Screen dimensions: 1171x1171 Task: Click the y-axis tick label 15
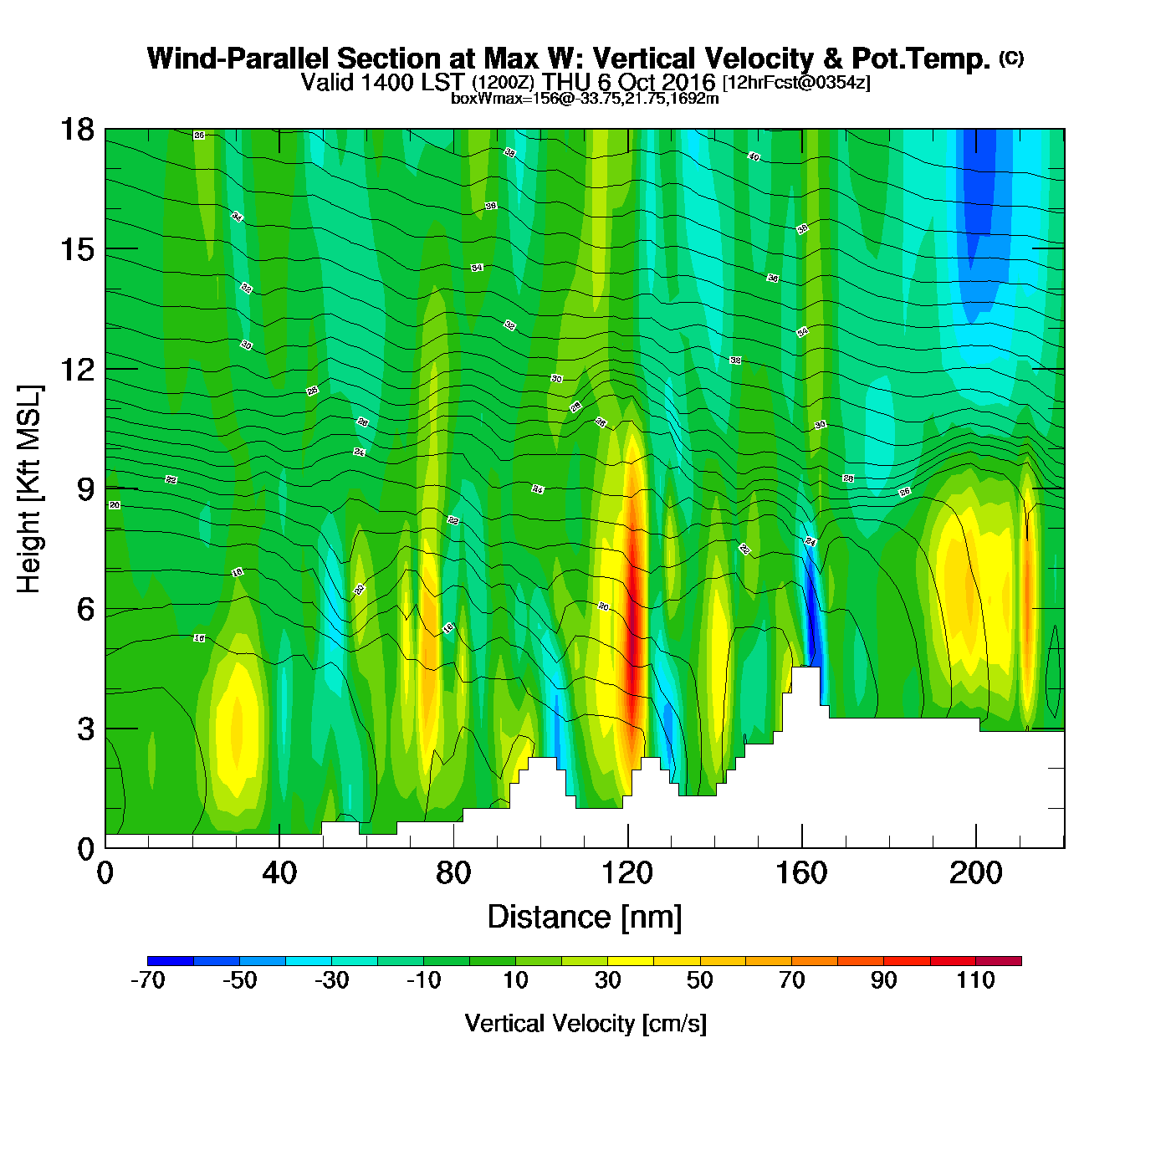coord(76,249)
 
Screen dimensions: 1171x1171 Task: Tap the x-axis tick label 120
coord(627,873)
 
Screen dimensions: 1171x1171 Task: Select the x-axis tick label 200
coord(975,873)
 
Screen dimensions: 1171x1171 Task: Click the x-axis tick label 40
coord(279,873)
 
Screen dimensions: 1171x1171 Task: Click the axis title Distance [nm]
coord(585,917)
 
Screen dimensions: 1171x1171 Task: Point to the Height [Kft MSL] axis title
coord(29,489)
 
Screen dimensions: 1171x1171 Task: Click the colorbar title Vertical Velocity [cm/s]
coord(585,1023)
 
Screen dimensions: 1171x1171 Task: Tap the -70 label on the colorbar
coord(147,980)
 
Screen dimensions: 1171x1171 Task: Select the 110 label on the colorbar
coord(975,980)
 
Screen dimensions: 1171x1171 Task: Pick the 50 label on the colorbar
coord(699,980)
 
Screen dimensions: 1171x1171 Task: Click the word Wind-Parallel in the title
coord(239,59)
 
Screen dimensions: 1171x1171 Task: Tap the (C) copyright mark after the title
coord(1011,58)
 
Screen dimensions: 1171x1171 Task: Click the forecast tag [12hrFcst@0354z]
coord(796,83)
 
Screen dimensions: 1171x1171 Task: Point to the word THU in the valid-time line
coord(566,82)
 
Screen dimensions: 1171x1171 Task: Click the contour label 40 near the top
coord(754,157)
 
